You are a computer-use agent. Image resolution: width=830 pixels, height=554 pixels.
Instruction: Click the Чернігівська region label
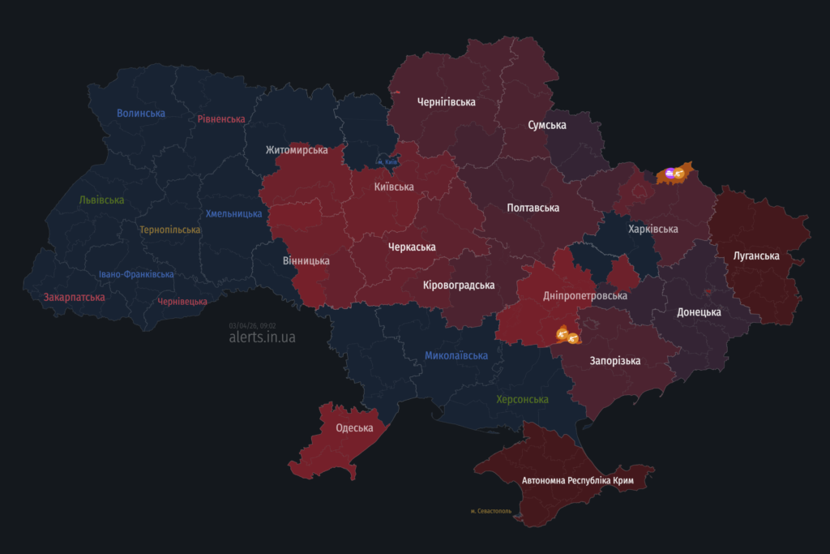tap(446, 102)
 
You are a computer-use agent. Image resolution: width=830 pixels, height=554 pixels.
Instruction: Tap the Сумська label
tap(546, 125)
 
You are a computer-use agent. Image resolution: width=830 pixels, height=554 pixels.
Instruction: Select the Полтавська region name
tap(533, 208)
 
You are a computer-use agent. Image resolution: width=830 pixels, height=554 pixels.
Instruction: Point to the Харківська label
tap(652, 229)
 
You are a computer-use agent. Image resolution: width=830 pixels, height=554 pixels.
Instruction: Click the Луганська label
tap(755, 256)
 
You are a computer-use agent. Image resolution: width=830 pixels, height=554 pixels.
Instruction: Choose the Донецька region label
tap(699, 312)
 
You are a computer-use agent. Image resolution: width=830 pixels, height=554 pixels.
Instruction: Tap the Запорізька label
tap(615, 361)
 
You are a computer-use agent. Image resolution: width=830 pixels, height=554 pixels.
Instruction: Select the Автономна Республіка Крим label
tap(577, 481)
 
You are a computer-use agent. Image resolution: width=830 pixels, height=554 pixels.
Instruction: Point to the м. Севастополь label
tap(490, 511)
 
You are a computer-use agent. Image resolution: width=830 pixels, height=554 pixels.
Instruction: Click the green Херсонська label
tap(522, 400)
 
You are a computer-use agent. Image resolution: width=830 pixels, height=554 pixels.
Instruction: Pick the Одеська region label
tap(354, 428)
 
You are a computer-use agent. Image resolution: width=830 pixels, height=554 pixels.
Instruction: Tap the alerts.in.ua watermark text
tap(262, 337)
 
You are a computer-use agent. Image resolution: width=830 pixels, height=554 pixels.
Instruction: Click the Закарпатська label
tap(74, 298)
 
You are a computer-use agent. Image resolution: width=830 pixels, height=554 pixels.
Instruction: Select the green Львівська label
tap(101, 200)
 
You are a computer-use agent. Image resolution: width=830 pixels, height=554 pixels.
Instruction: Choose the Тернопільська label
tap(169, 230)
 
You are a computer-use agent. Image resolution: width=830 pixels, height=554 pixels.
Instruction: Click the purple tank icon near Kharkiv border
tap(670, 172)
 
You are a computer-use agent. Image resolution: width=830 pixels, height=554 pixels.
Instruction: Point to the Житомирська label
tap(297, 150)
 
